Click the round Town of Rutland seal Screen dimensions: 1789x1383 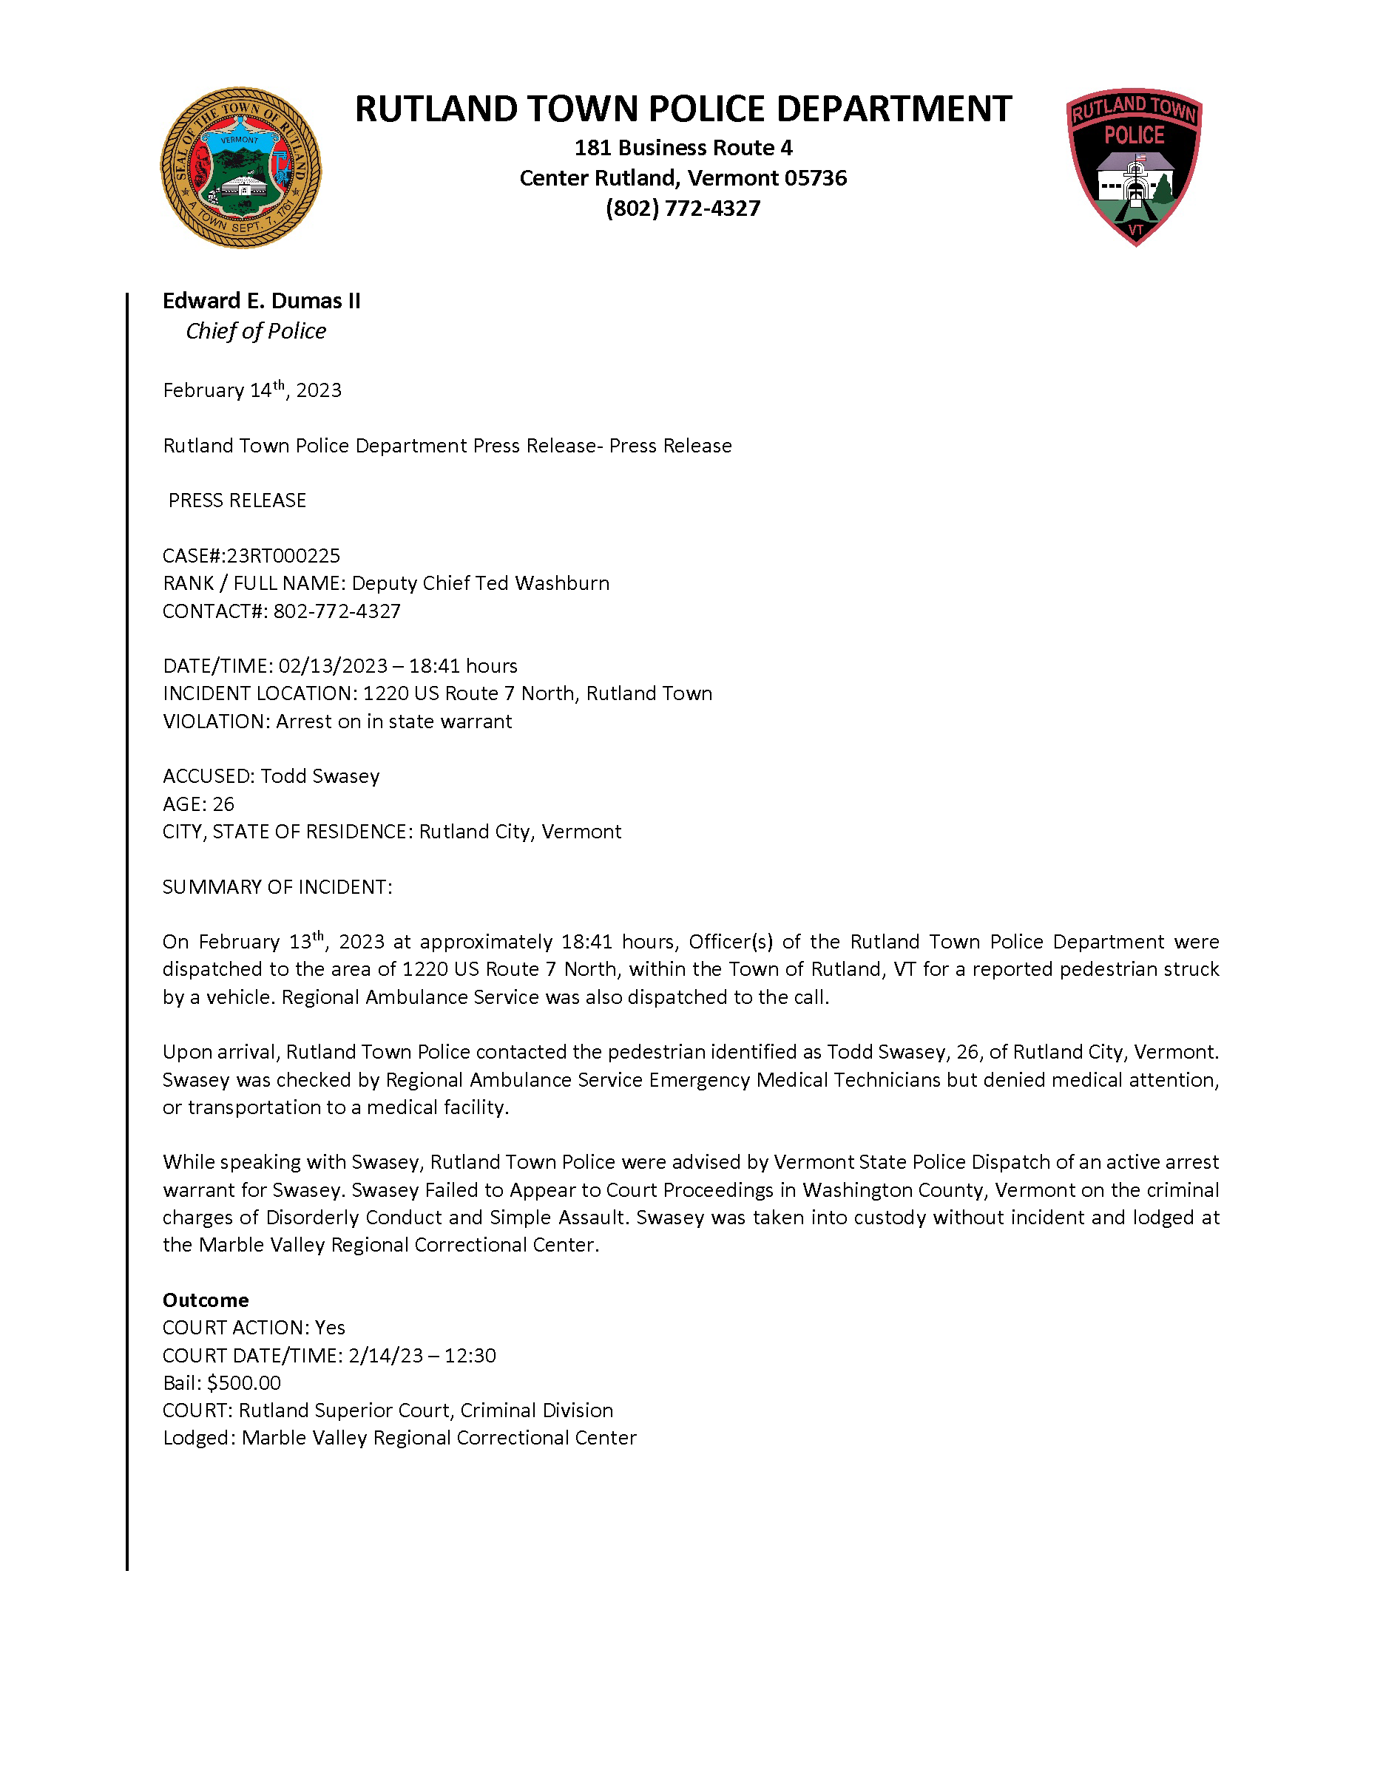[240, 168]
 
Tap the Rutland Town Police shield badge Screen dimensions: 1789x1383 [1134, 166]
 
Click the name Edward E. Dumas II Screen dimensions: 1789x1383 [261, 302]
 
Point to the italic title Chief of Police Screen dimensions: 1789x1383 [256, 331]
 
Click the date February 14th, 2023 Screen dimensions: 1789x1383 [251, 390]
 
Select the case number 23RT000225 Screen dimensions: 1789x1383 [283, 556]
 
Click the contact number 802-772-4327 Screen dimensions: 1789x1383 [337, 611]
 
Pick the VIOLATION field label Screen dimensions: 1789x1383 [215, 722]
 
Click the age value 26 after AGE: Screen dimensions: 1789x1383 [223, 804]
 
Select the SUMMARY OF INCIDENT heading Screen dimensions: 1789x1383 [277, 887]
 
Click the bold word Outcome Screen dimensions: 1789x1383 [206, 1300]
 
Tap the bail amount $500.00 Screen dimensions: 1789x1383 [243, 1382]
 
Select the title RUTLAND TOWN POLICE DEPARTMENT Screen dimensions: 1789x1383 [683, 109]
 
